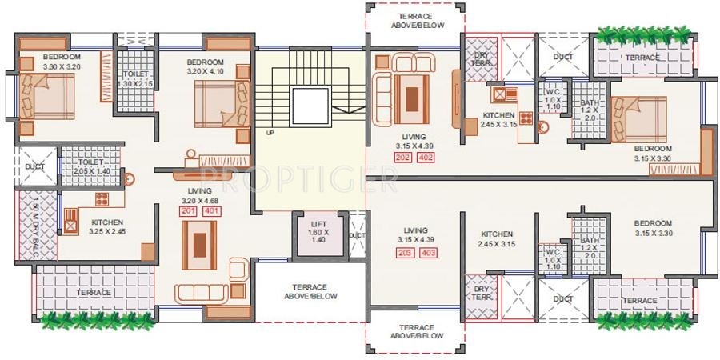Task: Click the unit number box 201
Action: [x=189, y=211]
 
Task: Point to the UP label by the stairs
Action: [x=270, y=133]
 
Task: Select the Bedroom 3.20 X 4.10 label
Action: [x=206, y=67]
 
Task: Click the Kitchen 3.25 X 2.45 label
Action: [x=107, y=227]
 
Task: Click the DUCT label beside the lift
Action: [x=357, y=234]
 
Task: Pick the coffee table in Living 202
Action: [x=411, y=99]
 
